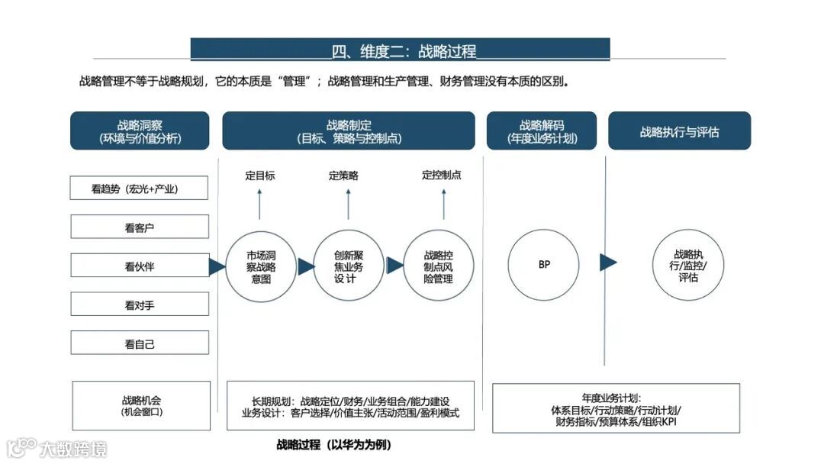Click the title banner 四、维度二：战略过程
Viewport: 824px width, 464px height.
coord(400,50)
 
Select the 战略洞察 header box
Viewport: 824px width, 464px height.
coord(140,131)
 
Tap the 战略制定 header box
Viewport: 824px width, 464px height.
coord(349,131)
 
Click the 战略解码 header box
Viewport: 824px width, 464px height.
coord(542,131)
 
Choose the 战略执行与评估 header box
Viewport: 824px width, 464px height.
coord(679,131)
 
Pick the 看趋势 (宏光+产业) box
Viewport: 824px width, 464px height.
coord(140,188)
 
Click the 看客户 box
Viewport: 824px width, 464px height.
coord(140,227)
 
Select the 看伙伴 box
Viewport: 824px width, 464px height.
coord(140,266)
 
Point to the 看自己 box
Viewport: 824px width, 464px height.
coord(140,343)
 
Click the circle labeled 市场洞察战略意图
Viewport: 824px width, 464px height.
coord(261,266)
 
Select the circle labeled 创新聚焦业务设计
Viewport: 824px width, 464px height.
coord(349,266)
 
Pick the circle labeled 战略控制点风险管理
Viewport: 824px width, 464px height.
coord(438,266)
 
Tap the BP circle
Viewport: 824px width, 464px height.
coord(543,265)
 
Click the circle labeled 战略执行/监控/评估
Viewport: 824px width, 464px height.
coord(687,265)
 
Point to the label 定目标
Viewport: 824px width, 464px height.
coord(260,176)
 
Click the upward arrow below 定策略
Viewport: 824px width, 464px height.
coord(348,202)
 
